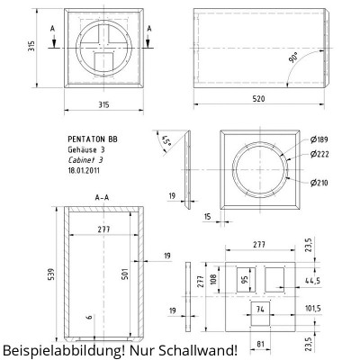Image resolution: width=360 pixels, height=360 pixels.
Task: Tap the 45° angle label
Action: [x=167, y=141]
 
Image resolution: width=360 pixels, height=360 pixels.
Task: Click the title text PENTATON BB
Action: [x=92, y=139]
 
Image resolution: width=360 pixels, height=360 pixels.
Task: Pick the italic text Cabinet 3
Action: [x=85, y=159]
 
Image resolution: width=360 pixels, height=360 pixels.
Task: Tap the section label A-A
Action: [x=103, y=195]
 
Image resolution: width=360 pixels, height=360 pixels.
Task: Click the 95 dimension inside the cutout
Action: [x=243, y=278]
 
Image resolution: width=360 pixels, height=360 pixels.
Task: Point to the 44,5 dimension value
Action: [x=313, y=281]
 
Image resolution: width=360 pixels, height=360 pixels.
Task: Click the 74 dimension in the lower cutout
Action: [x=261, y=309]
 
